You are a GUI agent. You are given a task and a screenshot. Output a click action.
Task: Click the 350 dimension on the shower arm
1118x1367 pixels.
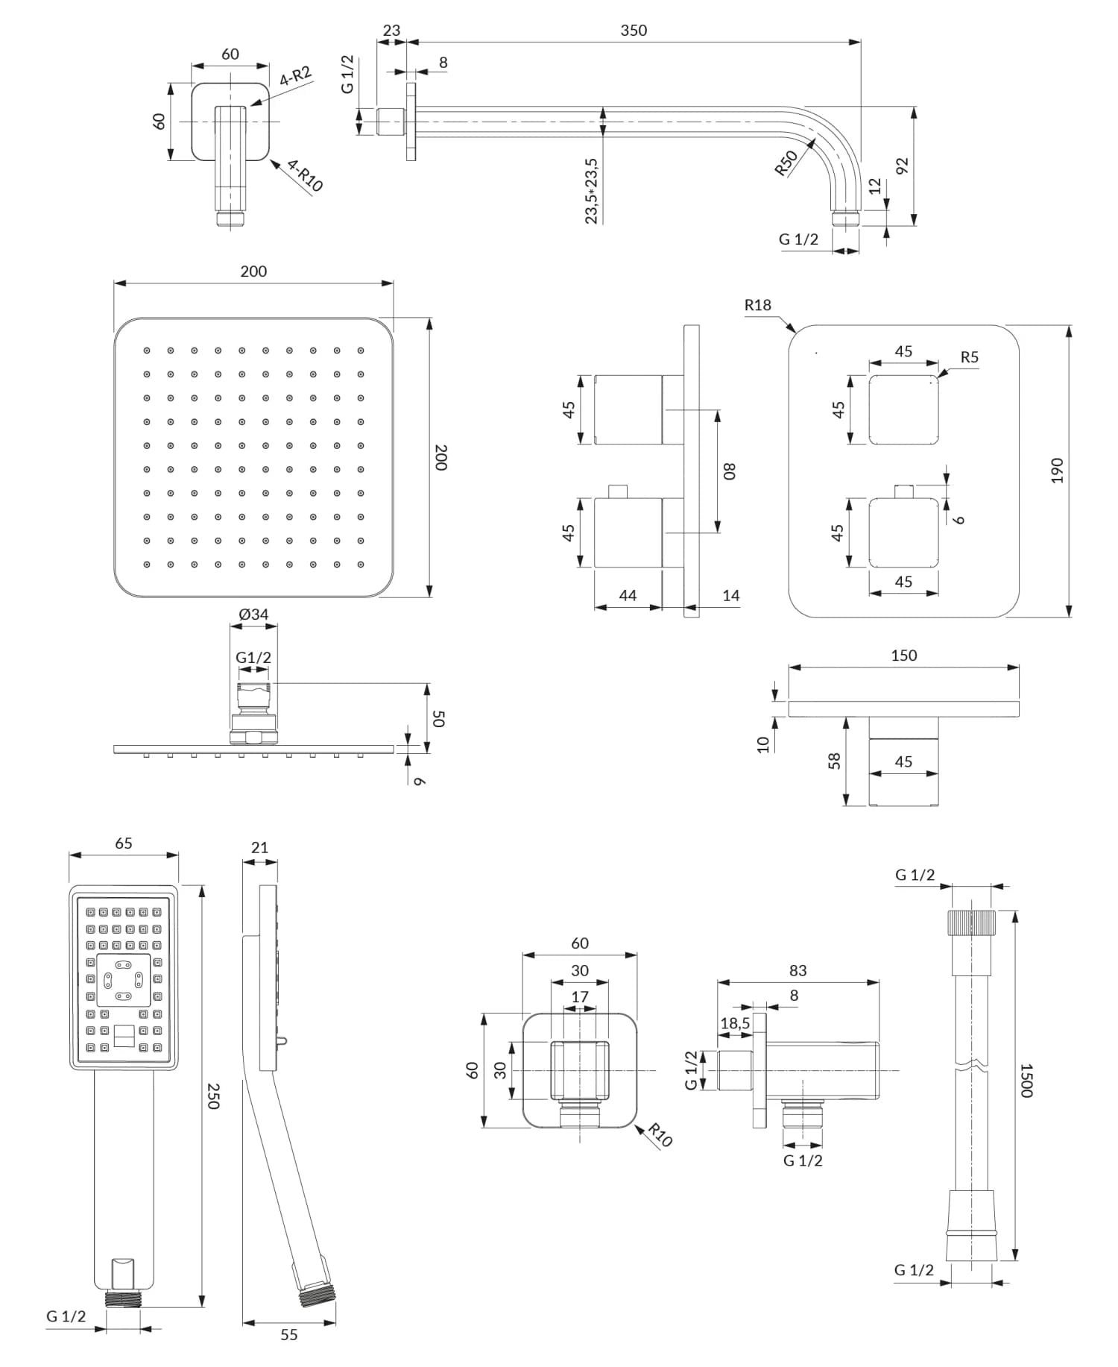tap(634, 31)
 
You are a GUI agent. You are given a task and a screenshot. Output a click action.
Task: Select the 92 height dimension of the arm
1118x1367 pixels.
tap(902, 166)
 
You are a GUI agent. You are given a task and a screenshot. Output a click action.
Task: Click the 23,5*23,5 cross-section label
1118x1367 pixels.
tap(591, 191)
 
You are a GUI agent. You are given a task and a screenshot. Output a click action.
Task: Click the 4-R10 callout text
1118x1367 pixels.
tap(305, 176)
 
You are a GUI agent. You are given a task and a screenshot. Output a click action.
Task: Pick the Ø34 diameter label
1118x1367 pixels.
tap(253, 615)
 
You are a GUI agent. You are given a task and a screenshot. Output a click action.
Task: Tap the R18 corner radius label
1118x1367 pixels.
tap(757, 305)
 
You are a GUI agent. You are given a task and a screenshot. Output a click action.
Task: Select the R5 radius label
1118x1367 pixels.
tap(969, 357)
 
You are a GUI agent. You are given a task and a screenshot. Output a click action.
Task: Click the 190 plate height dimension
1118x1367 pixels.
tap(1056, 471)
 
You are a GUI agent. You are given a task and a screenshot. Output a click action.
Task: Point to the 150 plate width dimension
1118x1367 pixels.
tap(903, 656)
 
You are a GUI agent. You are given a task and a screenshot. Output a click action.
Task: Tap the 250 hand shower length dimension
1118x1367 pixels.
tap(213, 1096)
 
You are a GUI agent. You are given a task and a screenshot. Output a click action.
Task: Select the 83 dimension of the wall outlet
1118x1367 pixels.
tap(798, 970)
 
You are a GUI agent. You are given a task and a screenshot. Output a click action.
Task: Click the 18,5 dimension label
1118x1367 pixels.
tap(735, 1023)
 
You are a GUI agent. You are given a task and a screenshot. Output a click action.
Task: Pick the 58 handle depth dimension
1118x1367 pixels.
tap(834, 761)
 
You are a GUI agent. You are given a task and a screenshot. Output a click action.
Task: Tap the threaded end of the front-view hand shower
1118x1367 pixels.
tap(124, 1298)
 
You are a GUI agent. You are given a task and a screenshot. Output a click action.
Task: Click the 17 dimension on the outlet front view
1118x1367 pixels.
tap(580, 996)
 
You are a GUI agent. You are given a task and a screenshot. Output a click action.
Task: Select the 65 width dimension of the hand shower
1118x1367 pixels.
tap(124, 843)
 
